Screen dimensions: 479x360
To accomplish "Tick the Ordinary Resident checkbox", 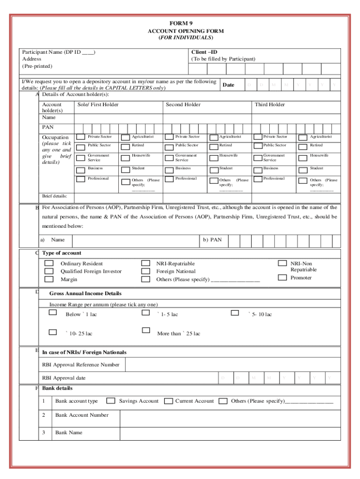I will pos(49,263).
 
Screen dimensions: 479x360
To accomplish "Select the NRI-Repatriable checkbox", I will pos(146,263).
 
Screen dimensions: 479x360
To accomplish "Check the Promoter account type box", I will pos(282,277).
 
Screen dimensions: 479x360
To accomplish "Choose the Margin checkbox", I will pos(49,279).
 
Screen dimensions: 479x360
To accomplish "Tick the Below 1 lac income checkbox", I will pos(53,312).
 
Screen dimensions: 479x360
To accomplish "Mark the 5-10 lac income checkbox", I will pos(236,312).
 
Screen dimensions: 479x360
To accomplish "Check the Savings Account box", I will pos(111,401).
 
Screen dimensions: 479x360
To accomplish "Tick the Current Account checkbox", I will pos(168,401).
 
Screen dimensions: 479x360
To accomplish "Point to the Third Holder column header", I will pos(269,105).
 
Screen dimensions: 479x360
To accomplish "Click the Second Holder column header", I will pos(183,105).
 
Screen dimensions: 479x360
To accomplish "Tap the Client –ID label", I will pos(204,52).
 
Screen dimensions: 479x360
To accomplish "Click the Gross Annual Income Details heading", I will pos(85,293).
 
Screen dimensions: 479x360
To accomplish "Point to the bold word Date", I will pos(228,85).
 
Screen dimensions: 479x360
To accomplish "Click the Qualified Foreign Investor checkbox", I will pos(49,271).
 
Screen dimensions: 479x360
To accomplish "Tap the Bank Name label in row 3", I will pos(68,433).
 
